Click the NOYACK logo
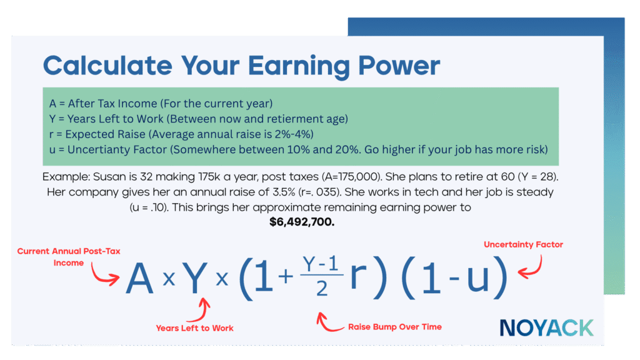[x=547, y=328]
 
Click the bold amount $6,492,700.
[x=302, y=222]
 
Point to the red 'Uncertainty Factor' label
[x=524, y=244]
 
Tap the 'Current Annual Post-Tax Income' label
[x=69, y=257]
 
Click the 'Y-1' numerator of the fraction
[x=321, y=265]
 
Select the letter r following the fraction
[x=357, y=277]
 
